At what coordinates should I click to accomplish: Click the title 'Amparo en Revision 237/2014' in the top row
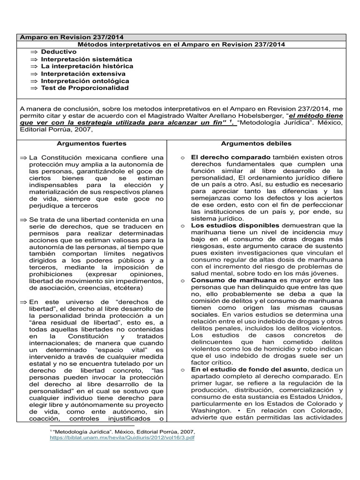(x=72, y=37)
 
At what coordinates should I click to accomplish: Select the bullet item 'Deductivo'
(x=58, y=52)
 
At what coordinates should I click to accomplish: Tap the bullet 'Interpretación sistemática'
(x=86, y=60)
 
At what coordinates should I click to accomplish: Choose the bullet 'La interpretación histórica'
(x=87, y=67)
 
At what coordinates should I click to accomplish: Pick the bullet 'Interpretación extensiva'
(x=83, y=74)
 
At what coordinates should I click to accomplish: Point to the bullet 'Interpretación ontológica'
(x=84, y=81)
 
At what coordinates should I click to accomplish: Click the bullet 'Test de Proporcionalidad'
(x=84, y=88)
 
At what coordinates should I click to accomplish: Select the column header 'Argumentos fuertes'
(x=91, y=143)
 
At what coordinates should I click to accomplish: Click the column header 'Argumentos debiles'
(x=256, y=143)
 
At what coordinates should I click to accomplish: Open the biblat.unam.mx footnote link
(x=122, y=437)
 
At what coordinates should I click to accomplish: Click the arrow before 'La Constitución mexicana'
(x=23, y=157)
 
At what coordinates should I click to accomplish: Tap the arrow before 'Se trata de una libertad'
(x=23, y=219)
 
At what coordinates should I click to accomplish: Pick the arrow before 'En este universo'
(x=23, y=302)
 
